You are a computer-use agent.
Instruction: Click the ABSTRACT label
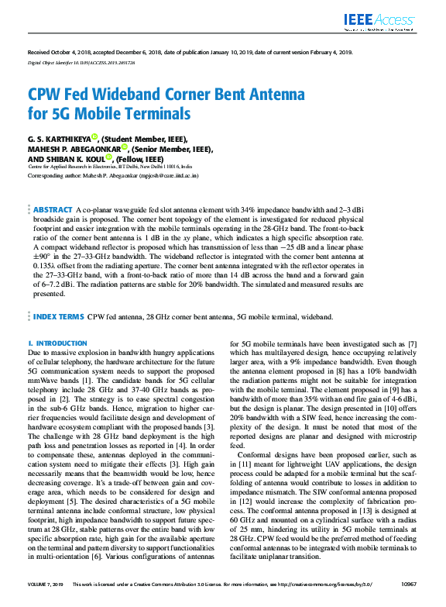(53, 210)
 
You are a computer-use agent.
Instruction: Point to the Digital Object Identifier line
(70, 60)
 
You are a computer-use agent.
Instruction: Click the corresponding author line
(113, 176)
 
